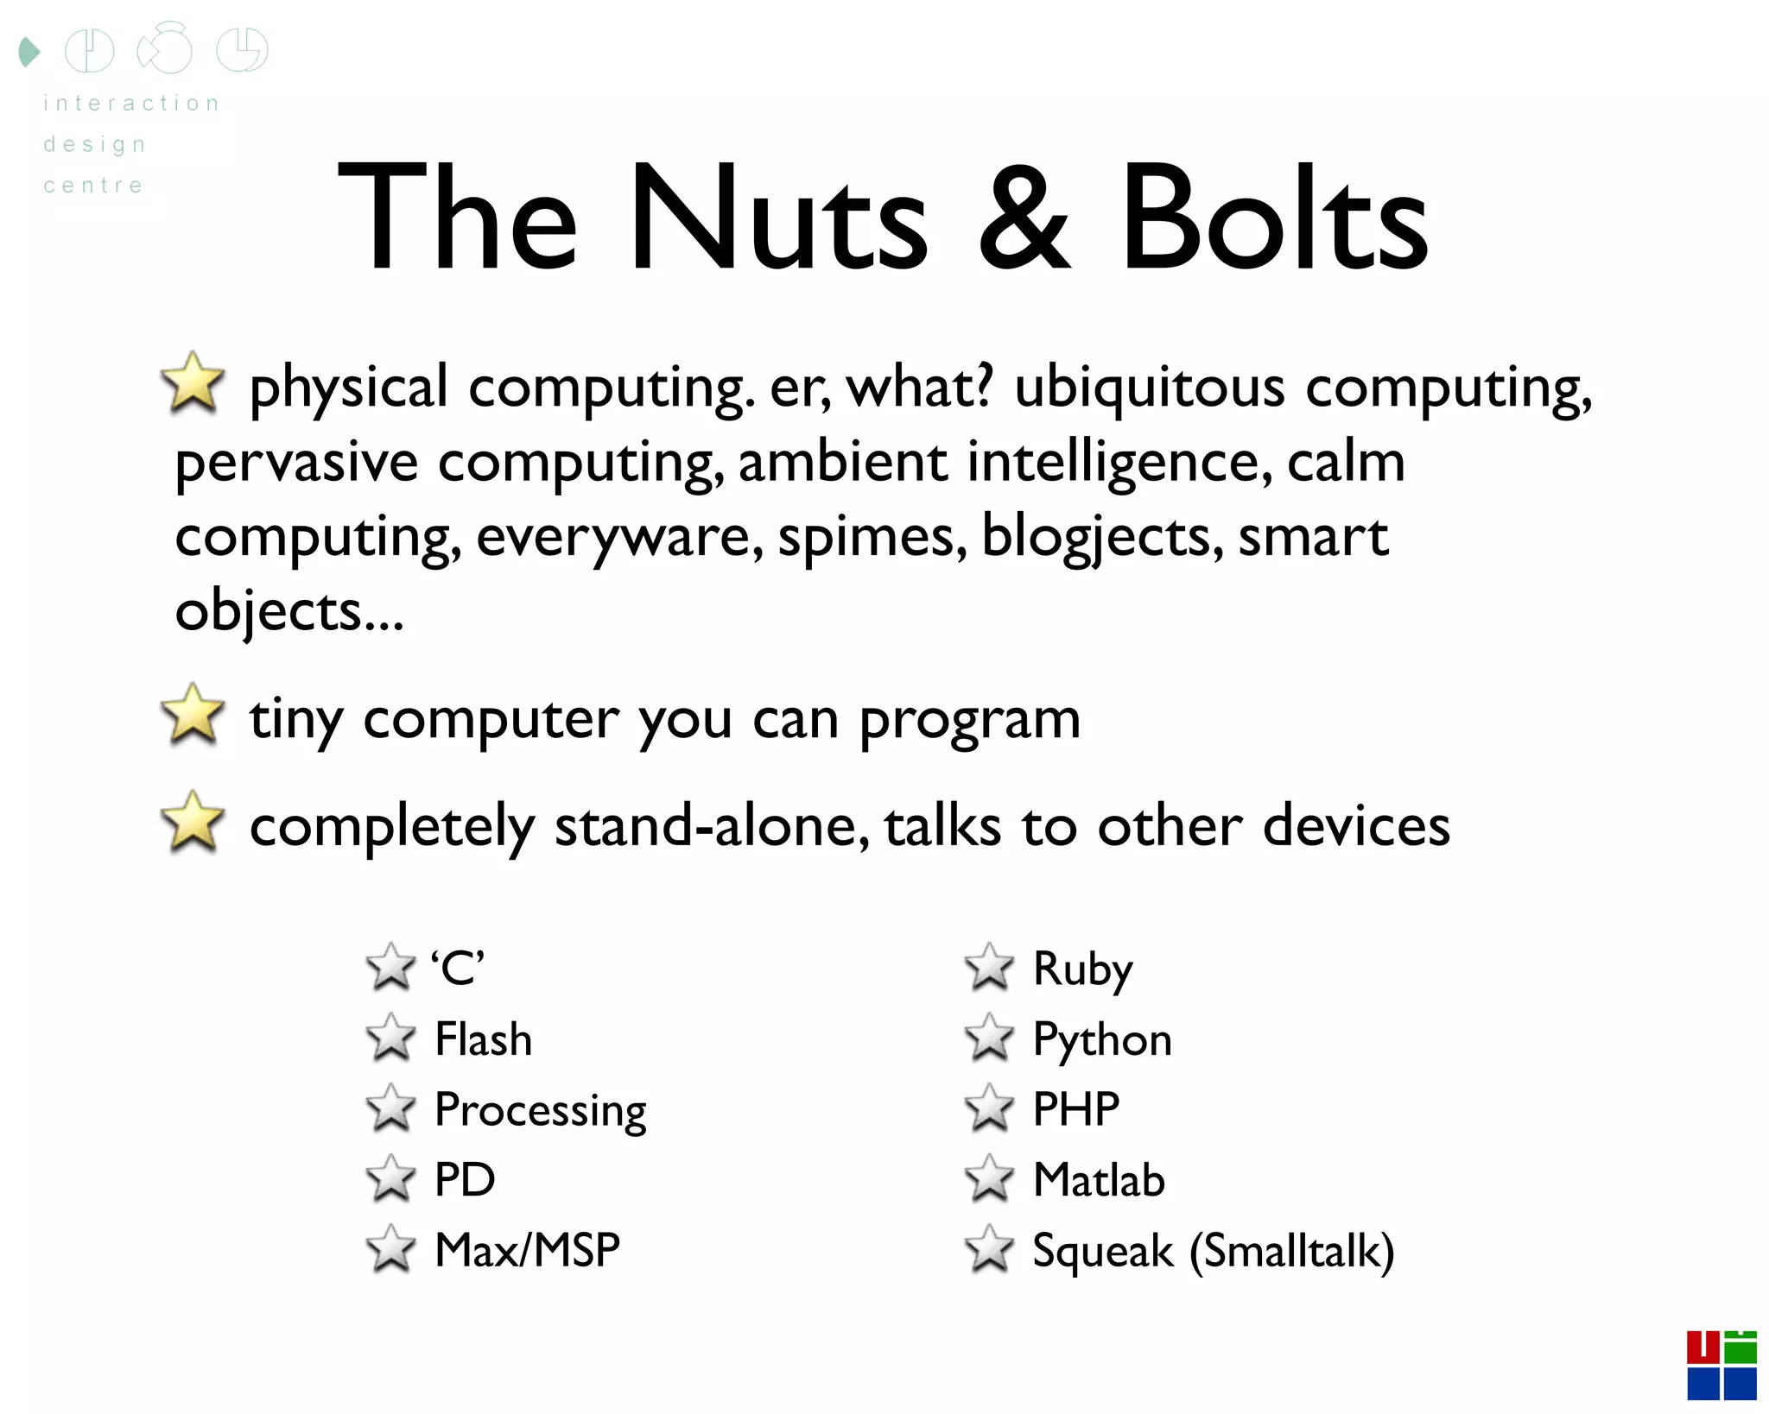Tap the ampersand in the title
pyautogui.click(x=1024, y=220)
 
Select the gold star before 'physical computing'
pyautogui.click(x=193, y=382)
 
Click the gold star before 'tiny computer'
pyautogui.click(x=193, y=714)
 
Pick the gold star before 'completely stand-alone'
pyautogui.click(x=193, y=822)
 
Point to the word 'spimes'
pyautogui.click(x=872, y=537)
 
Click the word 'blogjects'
pyautogui.click(x=1101, y=537)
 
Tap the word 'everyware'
pyautogui.click(x=618, y=537)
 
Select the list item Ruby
pyautogui.click(x=1082, y=968)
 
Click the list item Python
pyautogui.click(x=1102, y=1039)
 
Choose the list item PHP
pyautogui.click(x=1076, y=1109)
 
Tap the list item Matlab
pyautogui.click(x=1099, y=1180)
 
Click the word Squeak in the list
pyautogui.click(x=1103, y=1251)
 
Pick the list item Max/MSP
pyautogui.click(x=527, y=1250)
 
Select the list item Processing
pyautogui.click(x=540, y=1110)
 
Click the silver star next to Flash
pyautogui.click(x=390, y=1038)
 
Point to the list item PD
pyautogui.click(x=465, y=1180)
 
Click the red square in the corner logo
pyautogui.click(x=1702, y=1348)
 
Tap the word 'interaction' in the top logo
pyautogui.click(x=131, y=104)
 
